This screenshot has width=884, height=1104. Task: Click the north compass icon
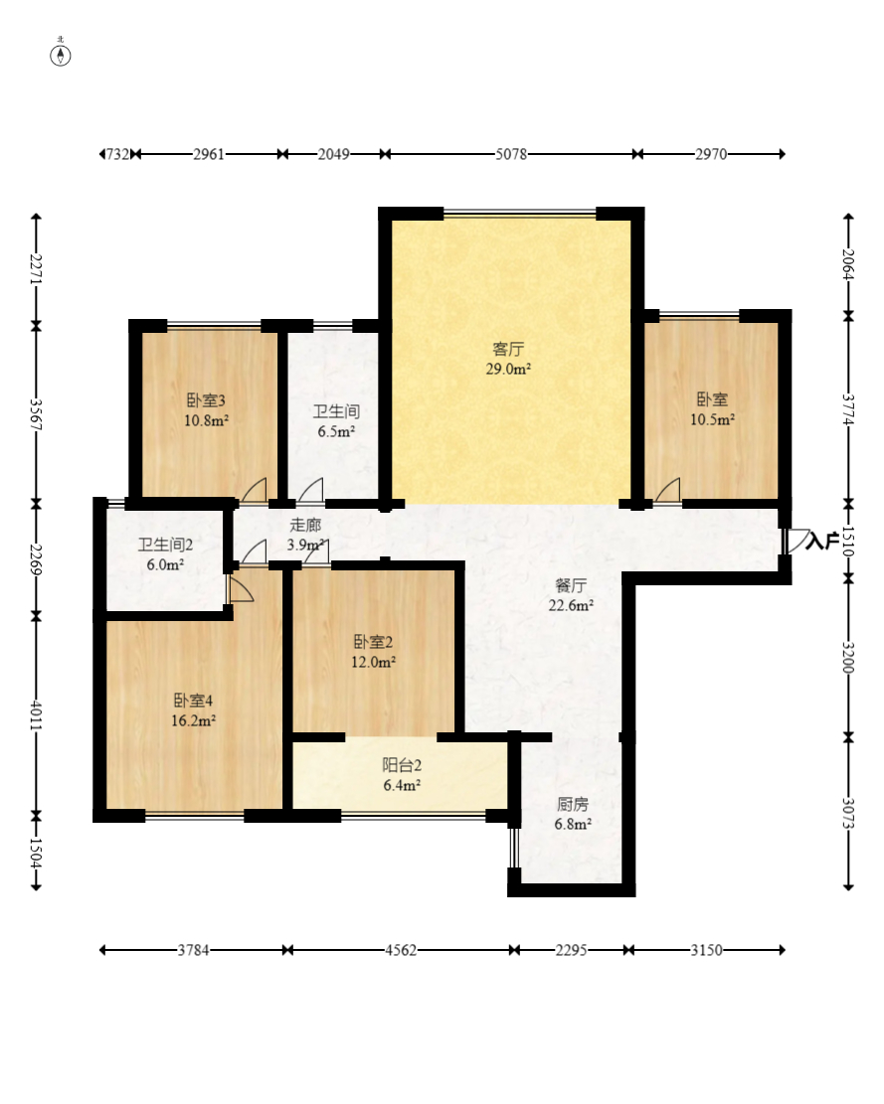tap(61, 54)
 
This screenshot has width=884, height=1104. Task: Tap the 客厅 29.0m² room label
tap(508, 359)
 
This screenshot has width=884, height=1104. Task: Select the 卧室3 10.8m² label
tap(207, 410)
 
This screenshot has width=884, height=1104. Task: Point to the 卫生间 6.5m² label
tap(336, 421)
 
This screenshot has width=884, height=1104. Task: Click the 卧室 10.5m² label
tap(713, 409)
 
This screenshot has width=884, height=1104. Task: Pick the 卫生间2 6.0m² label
tap(165, 554)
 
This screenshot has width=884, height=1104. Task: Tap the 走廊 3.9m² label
tap(305, 535)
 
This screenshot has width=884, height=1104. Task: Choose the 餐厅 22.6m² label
tap(571, 595)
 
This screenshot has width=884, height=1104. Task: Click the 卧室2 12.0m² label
tap(373, 652)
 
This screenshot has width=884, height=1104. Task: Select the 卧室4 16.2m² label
tap(194, 710)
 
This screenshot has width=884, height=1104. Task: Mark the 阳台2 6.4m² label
tap(402, 775)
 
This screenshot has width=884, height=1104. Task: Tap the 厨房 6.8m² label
tap(573, 814)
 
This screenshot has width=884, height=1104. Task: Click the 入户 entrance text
tap(822, 541)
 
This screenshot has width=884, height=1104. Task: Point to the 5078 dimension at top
tap(511, 154)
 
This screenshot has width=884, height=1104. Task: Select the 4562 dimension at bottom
tap(401, 951)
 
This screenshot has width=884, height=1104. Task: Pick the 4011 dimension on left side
tap(36, 715)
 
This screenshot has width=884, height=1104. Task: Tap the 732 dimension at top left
tap(117, 154)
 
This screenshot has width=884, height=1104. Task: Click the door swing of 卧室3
tap(255, 490)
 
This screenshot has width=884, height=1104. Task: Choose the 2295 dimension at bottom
tap(571, 951)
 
